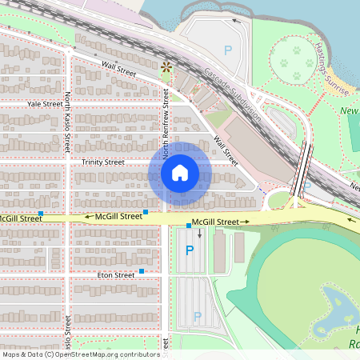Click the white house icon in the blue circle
click(179, 172)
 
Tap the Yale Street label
click(44, 104)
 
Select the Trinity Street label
click(103, 162)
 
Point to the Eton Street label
click(115, 275)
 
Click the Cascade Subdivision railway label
click(233, 91)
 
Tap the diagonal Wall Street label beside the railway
click(225, 147)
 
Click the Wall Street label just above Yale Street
click(118, 71)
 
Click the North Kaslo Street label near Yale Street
click(68, 121)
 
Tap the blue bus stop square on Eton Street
click(142, 271)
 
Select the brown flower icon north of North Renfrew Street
click(166, 67)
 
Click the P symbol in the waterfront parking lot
click(227, 50)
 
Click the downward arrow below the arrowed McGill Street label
click(200, 234)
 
